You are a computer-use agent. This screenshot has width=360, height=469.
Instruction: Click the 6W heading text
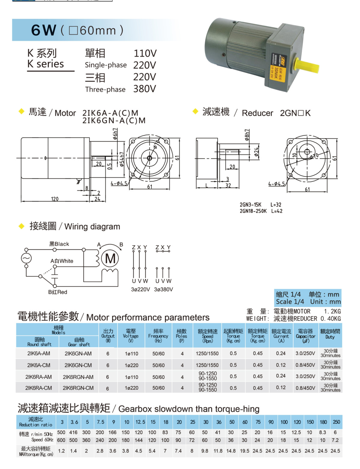tap(43, 30)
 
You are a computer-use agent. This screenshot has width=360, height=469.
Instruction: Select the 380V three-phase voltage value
tap(145, 89)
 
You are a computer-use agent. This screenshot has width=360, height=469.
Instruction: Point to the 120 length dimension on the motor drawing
tap(55, 199)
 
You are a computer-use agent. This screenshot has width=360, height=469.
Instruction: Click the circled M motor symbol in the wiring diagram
tap(110, 258)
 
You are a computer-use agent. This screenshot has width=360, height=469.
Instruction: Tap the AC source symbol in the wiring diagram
tap(26, 258)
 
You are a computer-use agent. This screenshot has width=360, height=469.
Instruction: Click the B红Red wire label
tap(58, 292)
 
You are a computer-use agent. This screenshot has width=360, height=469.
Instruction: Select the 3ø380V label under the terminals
tap(163, 289)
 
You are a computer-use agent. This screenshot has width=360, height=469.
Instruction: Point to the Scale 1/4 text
tap(290, 302)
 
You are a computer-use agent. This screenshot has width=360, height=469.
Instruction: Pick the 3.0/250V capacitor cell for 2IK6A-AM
tap(305, 353)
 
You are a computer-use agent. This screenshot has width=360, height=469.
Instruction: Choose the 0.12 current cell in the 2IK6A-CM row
tap(281, 365)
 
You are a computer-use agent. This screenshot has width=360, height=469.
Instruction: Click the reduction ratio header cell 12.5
tap(140, 422)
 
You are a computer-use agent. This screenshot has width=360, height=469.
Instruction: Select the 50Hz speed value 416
tap(73, 432)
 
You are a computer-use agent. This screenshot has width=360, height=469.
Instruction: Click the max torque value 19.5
tap(244, 451)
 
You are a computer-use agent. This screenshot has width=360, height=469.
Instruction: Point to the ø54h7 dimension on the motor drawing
tap(122, 159)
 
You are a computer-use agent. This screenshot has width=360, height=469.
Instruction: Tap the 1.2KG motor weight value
tap(332, 311)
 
